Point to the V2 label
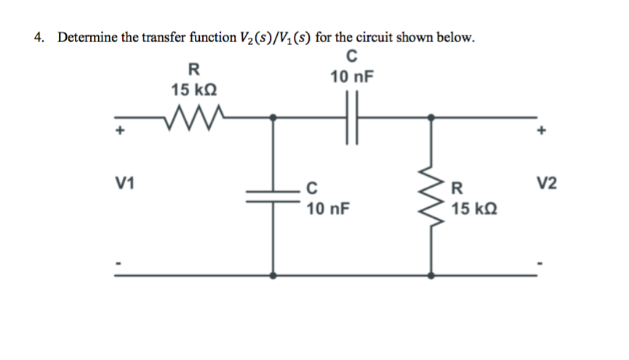coord(547,181)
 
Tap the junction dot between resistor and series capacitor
coord(273,116)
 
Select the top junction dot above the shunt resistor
coord(432,116)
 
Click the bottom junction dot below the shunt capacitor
coord(273,276)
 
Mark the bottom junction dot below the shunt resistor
coord(432,276)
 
